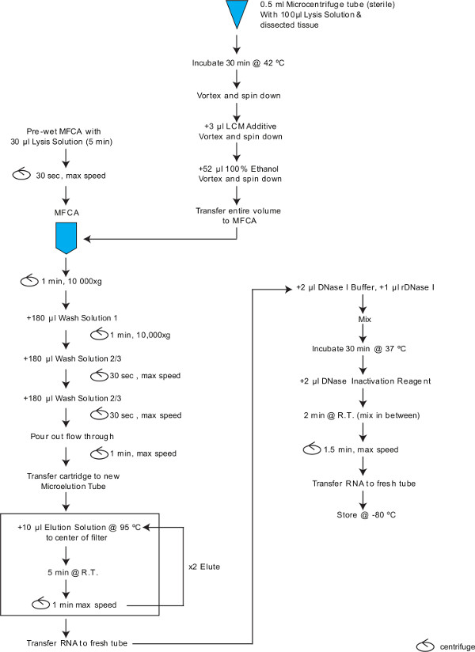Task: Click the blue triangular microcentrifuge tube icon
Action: tap(236, 14)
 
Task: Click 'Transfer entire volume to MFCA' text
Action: tap(236, 215)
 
